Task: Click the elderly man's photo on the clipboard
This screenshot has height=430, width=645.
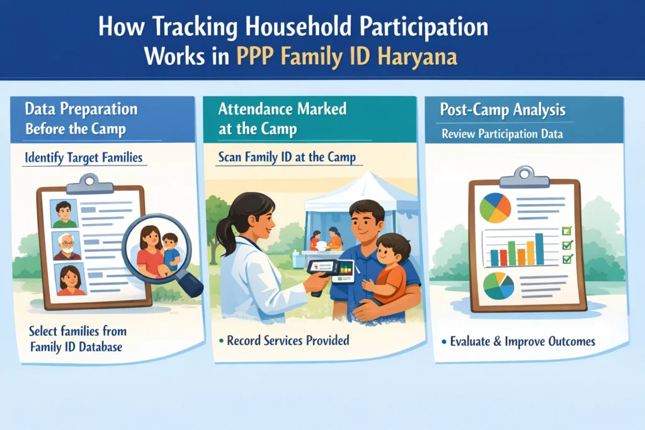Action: pos(67,246)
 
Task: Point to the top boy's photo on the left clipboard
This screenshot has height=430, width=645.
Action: pos(64,214)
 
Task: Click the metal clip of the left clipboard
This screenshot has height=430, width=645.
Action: pos(91,183)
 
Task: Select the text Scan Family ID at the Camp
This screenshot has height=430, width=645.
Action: pos(287,158)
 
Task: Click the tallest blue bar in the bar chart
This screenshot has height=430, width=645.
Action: pos(539,249)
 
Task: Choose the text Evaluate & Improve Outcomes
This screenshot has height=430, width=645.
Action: pos(522,342)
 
